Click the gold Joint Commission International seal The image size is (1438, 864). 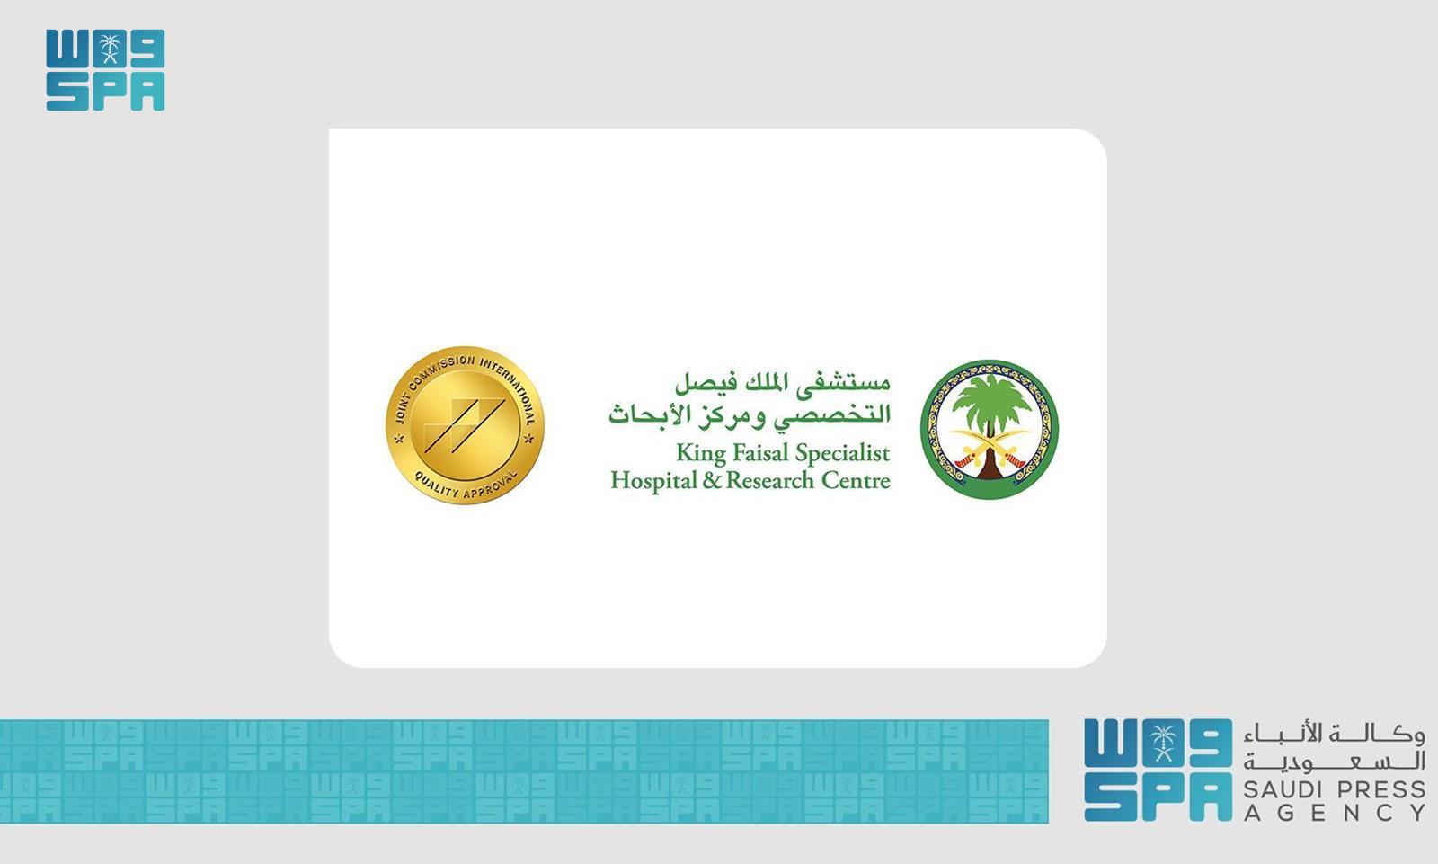465,425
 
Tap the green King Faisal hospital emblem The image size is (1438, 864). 990,430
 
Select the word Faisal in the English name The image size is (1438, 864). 754,452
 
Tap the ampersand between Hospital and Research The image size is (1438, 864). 712,480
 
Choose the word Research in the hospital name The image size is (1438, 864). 769,480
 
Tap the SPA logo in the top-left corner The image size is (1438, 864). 105,70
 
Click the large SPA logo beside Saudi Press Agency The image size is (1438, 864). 1158,770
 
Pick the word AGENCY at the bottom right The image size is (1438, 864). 1335,814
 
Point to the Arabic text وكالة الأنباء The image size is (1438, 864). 1335,735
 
